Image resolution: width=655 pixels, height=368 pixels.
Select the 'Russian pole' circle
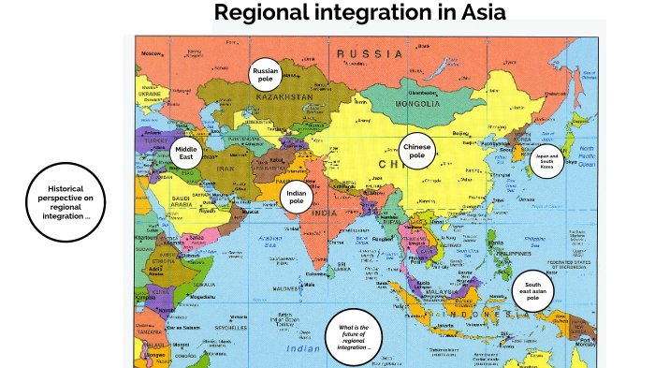tap(266, 74)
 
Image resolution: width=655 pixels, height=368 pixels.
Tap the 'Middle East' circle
tap(187, 153)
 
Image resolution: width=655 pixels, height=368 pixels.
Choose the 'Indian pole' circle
tap(297, 197)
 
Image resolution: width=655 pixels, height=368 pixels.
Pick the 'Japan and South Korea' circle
tap(547, 160)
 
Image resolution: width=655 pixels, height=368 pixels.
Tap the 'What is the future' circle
tap(355, 336)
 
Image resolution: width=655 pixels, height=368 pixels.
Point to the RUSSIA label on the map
tap(370, 53)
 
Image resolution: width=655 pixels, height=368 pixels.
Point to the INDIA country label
tap(325, 213)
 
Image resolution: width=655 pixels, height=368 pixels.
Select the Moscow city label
tap(152, 53)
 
